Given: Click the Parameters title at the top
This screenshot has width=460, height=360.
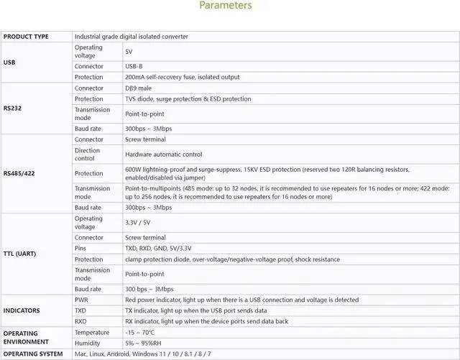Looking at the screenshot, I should coord(225,6).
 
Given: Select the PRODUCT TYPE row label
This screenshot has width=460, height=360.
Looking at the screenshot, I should coord(26,36).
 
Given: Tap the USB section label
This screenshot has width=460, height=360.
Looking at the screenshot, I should coord(10,62).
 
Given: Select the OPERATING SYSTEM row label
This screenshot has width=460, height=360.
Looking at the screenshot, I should coord(32,354).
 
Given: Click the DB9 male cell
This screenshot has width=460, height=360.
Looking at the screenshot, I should coord(139,88).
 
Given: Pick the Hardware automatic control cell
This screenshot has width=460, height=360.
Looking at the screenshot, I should coord(164,154).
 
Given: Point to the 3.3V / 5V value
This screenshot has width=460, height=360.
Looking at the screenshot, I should coord(138,223).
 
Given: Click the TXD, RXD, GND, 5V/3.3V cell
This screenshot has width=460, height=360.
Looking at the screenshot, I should coord(158,248).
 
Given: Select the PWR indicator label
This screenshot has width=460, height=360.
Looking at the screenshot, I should coord(81,300).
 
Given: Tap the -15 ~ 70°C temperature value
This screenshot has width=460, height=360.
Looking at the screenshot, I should coord(140,333).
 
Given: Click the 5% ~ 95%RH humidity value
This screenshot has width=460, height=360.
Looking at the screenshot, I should coord(142,343).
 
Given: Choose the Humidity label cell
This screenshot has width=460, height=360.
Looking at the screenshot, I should coord(87,343).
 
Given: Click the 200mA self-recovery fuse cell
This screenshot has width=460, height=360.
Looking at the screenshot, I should coord(182,77).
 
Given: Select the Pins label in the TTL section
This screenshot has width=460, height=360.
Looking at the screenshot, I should coord(81,248).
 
